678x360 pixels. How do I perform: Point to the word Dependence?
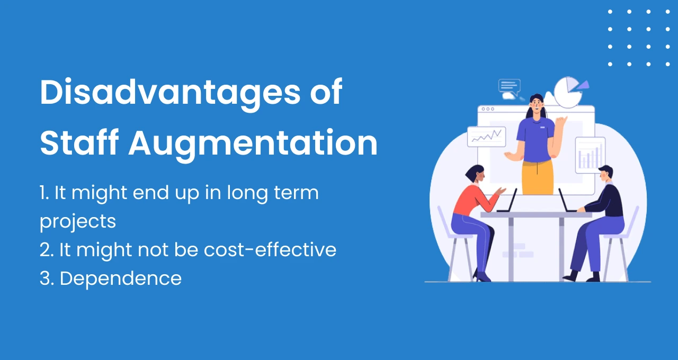[120, 278]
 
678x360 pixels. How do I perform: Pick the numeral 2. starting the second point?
[47, 249]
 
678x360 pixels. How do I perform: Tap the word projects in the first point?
[77, 221]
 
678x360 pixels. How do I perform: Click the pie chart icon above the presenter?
[568, 92]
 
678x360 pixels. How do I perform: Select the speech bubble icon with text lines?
[510, 86]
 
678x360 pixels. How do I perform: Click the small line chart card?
[486, 137]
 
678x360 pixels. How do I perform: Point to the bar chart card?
[590, 156]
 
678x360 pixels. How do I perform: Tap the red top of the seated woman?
[474, 199]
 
